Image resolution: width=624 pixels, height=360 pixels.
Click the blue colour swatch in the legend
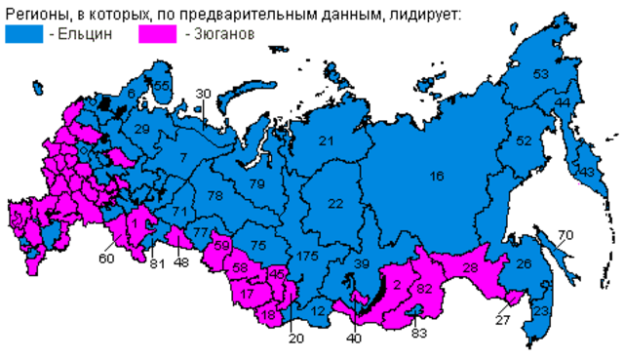pyautogui.click(x=24, y=32)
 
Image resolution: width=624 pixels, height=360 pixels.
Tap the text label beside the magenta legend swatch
pyautogui.click(x=223, y=33)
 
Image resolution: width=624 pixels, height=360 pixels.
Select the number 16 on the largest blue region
pyautogui.click(x=436, y=176)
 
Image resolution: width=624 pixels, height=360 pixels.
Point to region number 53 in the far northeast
pyautogui.click(x=541, y=74)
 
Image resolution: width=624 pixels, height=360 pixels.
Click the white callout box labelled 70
pyautogui.click(x=565, y=234)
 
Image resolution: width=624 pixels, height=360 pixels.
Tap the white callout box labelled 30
pyautogui.click(x=203, y=94)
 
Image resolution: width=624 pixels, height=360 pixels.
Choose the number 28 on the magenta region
pyautogui.click(x=470, y=268)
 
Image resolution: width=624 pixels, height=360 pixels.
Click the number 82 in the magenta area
pyautogui.click(x=424, y=289)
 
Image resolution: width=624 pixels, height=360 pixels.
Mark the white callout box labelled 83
pyautogui.click(x=419, y=334)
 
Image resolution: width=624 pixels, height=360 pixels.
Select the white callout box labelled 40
pyautogui.click(x=354, y=339)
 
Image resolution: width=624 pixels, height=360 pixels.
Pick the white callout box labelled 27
pyautogui.click(x=503, y=321)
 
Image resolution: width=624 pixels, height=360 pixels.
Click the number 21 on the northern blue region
pyautogui.click(x=326, y=141)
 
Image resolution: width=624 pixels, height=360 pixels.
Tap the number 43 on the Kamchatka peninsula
pyautogui.click(x=586, y=173)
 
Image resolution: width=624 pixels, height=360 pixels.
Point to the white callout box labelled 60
pyautogui.click(x=106, y=258)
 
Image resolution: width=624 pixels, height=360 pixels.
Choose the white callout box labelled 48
pyautogui.click(x=181, y=262)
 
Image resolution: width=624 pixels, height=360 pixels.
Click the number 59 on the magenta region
pyautogui.click(x=222, y=245)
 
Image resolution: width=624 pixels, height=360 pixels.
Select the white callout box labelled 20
pyautogui.click(x=296, y=339)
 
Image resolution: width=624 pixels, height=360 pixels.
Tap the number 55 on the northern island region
pyautogui.click(x=162, y=86)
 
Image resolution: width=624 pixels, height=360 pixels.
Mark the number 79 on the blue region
pyautogui.click(x=256, y=184)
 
